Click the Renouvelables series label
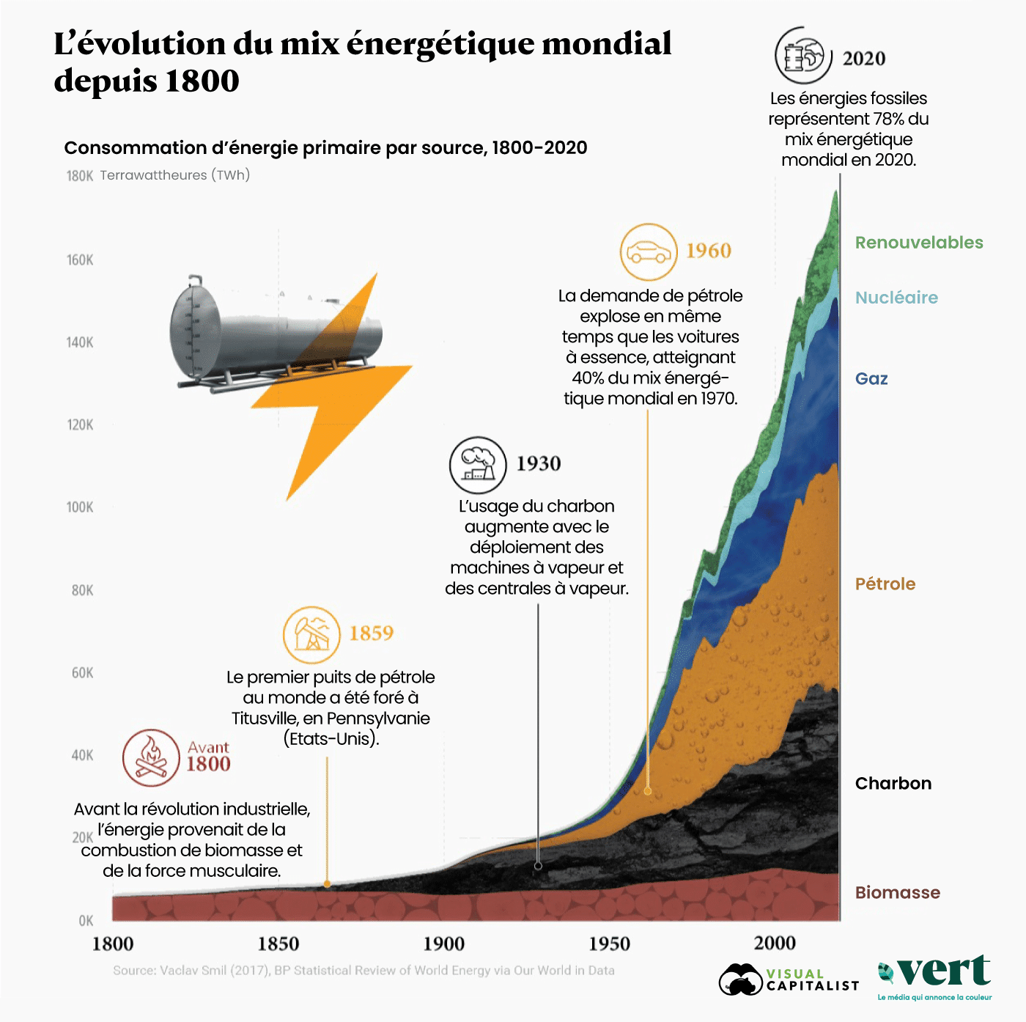tap(919, 243)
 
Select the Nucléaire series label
tap(896, 298)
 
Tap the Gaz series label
tap(871, 379)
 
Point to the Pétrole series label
tap(885, 584)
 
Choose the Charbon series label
tap(893, 784)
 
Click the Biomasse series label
tap(897, 893)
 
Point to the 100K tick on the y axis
tap(80, 507)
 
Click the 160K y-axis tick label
tap(80, 260)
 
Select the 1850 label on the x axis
tap(278, 944)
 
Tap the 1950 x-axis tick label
tap(609, 944)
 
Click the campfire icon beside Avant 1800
tap(151, 757)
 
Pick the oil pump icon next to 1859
tap(311, 635)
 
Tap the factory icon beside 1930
tap(478, 466)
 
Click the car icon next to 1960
tap(649, 252)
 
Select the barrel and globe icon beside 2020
tap(803, 56)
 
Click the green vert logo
tap(935, 975)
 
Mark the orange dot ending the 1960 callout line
tap(648, 791)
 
